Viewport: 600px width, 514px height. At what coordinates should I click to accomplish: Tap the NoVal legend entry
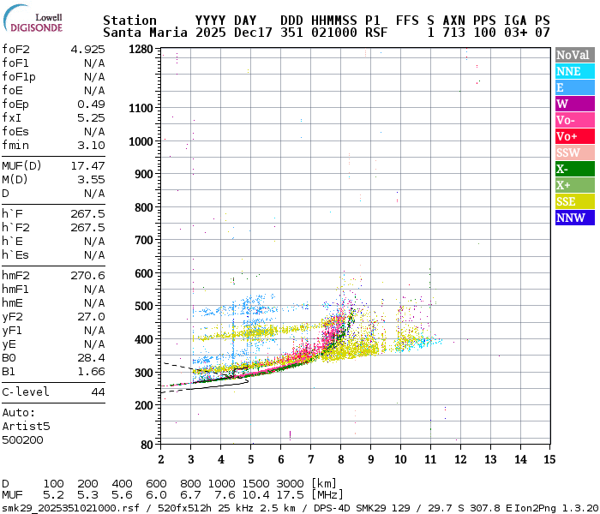[x=572, y=55]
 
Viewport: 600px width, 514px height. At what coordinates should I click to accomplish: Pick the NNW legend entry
[x=572, y=218]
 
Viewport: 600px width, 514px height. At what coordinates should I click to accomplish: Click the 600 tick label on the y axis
[x=141, y=273]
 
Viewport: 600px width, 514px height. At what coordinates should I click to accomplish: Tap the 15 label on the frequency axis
[x=548, y=459]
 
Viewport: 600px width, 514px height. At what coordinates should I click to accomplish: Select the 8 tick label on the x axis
[x=340, y=459]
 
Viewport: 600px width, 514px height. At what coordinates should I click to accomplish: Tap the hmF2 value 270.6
[x=87, y=275]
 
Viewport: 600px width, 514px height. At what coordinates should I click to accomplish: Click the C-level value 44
[x=98, y=391]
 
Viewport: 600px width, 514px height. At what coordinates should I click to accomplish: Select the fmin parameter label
[x=16, y=145]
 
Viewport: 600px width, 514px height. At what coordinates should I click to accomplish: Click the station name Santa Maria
[x=141, y=32]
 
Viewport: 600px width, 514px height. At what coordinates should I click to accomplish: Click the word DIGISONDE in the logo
[x=36, y=27]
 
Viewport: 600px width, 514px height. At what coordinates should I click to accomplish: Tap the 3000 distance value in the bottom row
[x=291, y=483]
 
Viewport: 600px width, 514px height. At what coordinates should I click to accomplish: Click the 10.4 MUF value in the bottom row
[x=259, y=495]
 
